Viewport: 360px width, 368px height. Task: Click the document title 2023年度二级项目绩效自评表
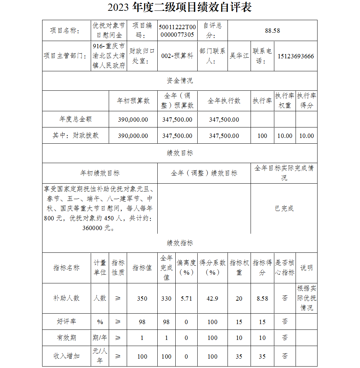[180, 8]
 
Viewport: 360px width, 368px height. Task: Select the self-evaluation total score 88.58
[273, 31]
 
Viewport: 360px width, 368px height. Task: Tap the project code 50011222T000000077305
[177, 31]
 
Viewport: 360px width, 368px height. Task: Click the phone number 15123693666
[296, 56]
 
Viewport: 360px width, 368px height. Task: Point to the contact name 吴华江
[239, 56]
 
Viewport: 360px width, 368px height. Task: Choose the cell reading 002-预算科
[177, 56]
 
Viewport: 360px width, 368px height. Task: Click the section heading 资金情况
[180, 81]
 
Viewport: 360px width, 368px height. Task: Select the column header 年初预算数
[133, 101]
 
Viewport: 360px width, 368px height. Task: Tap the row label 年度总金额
[76, 119]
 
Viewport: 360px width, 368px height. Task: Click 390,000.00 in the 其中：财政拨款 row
[133, 136]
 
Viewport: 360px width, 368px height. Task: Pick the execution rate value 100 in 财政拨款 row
[262, 136]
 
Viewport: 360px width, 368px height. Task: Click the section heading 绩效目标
[180, 153]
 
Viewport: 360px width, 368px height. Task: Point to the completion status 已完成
[284, 208]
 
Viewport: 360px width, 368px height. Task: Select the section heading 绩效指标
[180, 243]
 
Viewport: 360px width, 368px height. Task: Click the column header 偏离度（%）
[186, 268]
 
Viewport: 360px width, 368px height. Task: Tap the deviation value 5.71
[186, 299]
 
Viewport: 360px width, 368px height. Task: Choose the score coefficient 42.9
[212, 299]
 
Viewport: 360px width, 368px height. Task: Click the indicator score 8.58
[262, 299]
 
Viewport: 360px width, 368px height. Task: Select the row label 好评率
[67, 322]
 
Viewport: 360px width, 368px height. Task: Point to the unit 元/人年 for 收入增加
[100, 356]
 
